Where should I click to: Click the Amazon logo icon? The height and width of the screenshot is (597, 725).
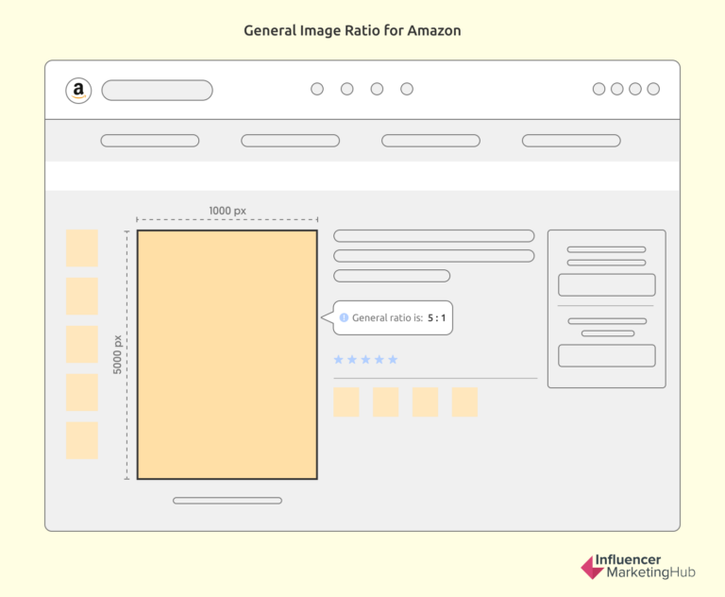[x=78, y=91]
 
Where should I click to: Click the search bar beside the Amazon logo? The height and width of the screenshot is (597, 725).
[x=157, y=91]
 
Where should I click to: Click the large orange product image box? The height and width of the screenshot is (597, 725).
[x=227, y=354]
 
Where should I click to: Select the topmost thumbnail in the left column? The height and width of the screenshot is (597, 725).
[x=82, y=247]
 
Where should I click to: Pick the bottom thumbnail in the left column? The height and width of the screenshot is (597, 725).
[x=82, y=440]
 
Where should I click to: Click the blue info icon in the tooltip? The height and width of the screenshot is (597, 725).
[x=344, y=318]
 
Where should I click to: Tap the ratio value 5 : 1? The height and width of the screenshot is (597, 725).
[x=436, y=318]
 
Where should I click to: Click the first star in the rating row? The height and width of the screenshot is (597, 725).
[x=339, y=360]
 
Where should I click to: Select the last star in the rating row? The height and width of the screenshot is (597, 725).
[x=393, y=360]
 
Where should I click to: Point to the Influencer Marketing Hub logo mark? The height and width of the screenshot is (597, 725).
[x=591, y=567]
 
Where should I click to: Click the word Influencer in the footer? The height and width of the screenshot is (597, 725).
[x=628, y=559]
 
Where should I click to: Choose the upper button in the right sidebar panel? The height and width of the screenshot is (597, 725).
[x=606, y=284]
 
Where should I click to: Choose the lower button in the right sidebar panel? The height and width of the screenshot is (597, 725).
[x=606, y=355]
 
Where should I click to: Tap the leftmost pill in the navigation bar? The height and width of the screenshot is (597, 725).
[x=149, y=141]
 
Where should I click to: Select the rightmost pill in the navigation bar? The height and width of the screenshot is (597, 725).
[x=571, y=141]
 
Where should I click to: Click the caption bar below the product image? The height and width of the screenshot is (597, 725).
[x=227, y=501]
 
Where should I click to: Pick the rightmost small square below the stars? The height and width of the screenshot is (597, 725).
[x=464, y=401]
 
